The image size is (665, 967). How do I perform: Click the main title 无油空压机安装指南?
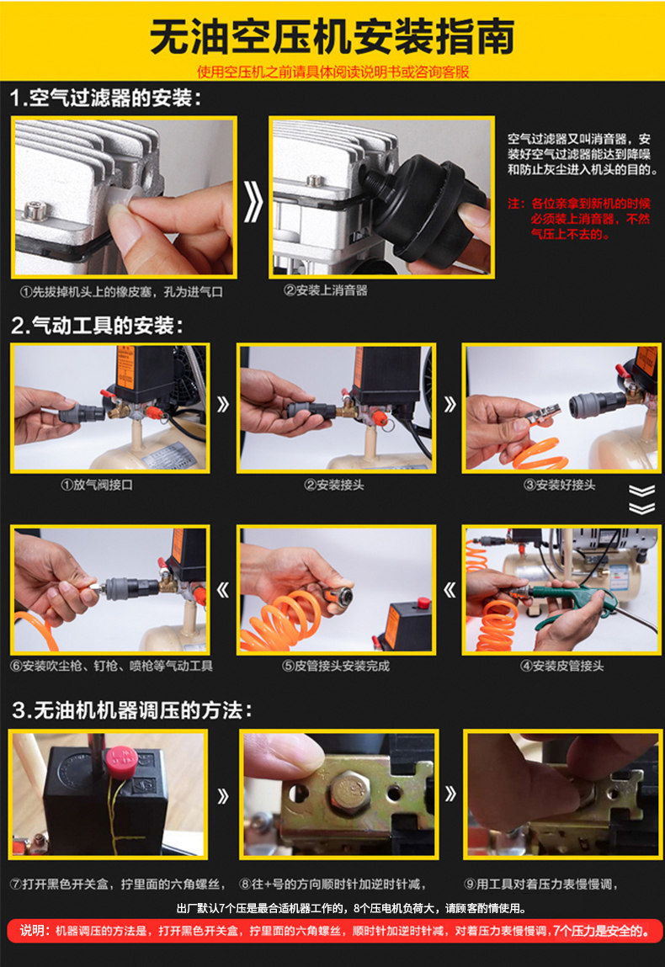pyautogui.click(x=332, y=37)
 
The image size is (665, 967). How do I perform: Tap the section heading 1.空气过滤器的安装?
pyautogui.click(x=106, y=98)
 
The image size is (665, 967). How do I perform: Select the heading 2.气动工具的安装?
pyautogui.click(x=98, y=325)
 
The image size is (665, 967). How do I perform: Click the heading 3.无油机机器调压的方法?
pyautogui.click(x=132, y=709)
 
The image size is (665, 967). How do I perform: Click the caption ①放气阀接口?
pyautogui.click(x=96, y=485)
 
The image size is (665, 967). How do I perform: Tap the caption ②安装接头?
pyautogui.click(x=333, y=485)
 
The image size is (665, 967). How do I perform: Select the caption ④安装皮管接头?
pyautogui.click(x=562, y=666)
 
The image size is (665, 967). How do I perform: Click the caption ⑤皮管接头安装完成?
pyautogui.click(x=336, y=666)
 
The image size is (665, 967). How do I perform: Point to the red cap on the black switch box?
pyautogui.click(x=121, y=759)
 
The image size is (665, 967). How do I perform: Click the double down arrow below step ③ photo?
pyautogui.click(x=641, y=499)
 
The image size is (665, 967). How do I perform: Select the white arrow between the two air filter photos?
pyautogui.click(x=253, y=200)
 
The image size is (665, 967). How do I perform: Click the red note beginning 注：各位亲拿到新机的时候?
pyautogui.click(x=578, y=218)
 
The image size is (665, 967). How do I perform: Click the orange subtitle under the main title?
pyautogui.click(x=333, y=72)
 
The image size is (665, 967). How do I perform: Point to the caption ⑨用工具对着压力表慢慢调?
pyautogui.click(x=540, y=884)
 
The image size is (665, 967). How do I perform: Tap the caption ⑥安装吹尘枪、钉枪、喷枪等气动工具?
pyautogui.click(x=112, y=666)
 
